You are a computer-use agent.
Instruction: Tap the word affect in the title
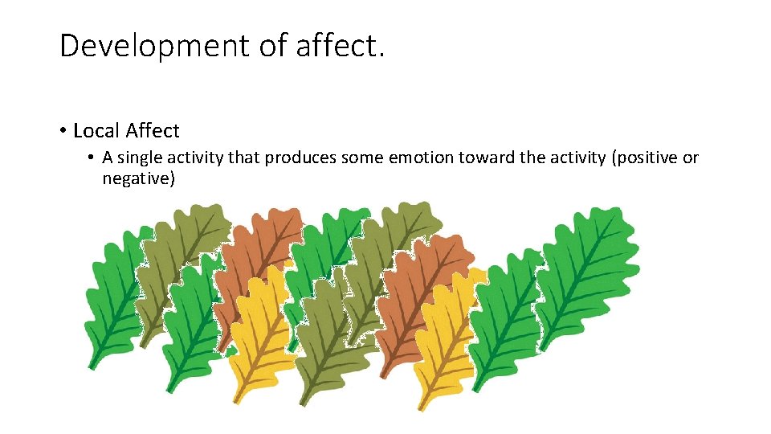340,47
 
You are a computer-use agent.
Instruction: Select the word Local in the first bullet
96,130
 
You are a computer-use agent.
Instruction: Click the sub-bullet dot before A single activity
92,158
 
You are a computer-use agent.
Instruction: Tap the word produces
301,158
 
